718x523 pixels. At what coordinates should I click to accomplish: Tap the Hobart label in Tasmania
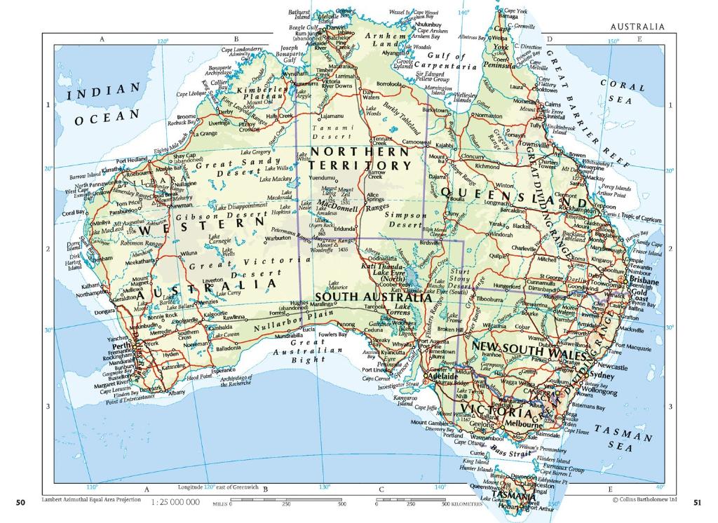click(506, 506)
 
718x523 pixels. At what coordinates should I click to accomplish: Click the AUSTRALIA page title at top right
click(637, 27)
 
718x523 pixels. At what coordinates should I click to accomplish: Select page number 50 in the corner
click(20, 502)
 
